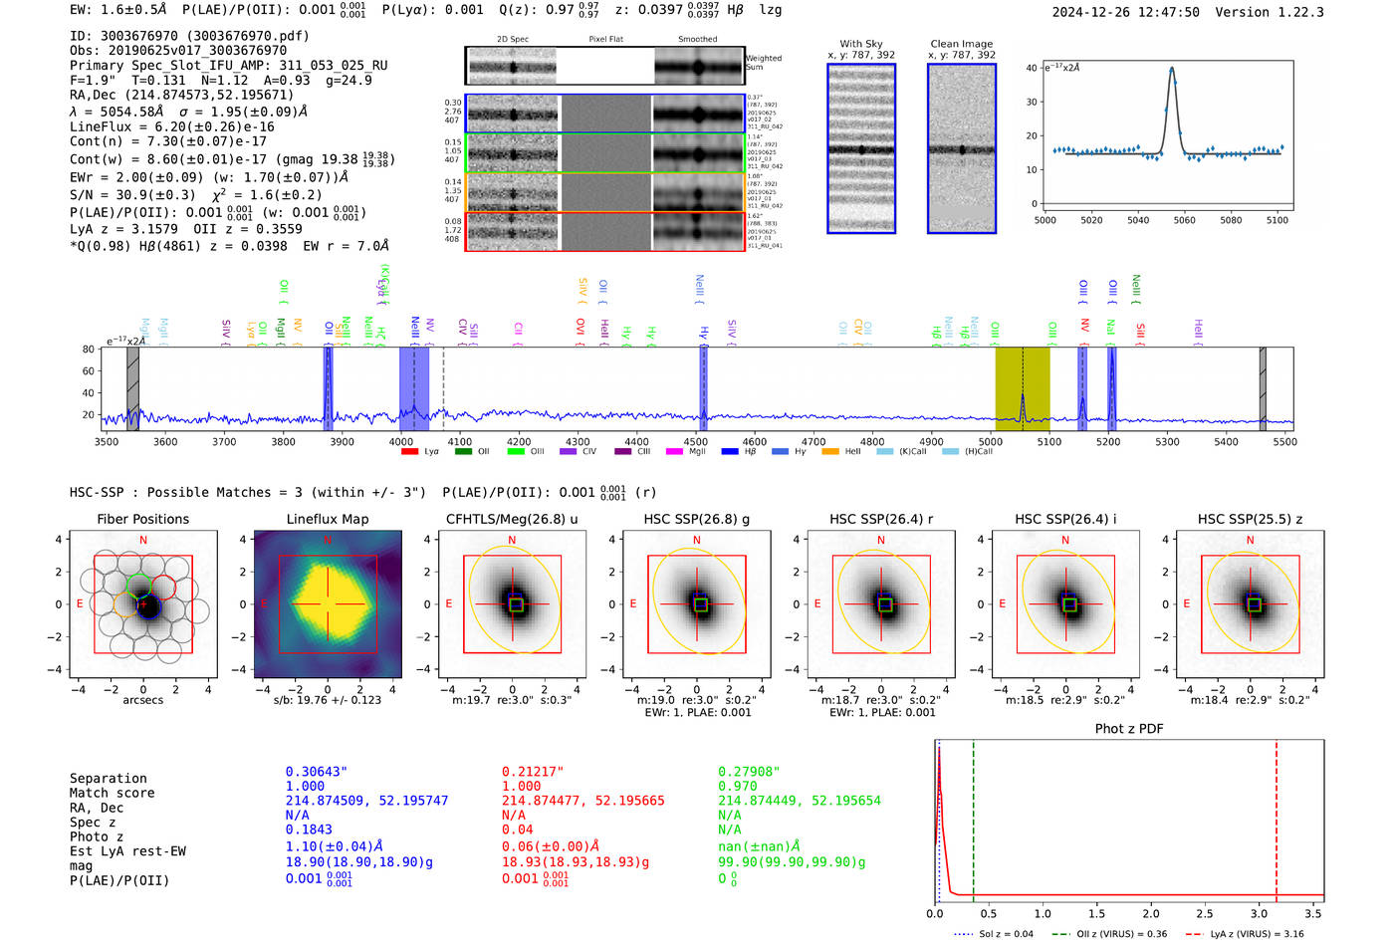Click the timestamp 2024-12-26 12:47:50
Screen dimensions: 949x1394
point(1125,13)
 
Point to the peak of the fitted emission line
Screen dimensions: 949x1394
point(1172,69)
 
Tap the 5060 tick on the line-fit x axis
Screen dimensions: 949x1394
point(1184,220)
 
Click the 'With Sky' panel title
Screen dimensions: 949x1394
point(860,44)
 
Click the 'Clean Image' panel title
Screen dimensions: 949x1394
point(961,44)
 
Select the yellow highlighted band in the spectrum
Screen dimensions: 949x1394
point(1023,388)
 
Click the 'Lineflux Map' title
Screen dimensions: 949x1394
point(327,519)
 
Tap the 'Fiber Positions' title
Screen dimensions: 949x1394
point(142,519)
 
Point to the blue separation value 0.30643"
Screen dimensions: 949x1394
point(316,772)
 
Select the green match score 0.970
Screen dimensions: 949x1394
point(737,787)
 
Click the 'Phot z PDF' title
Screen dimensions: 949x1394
point(1128,729)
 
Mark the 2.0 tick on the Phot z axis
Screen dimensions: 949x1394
point(1150,913)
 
